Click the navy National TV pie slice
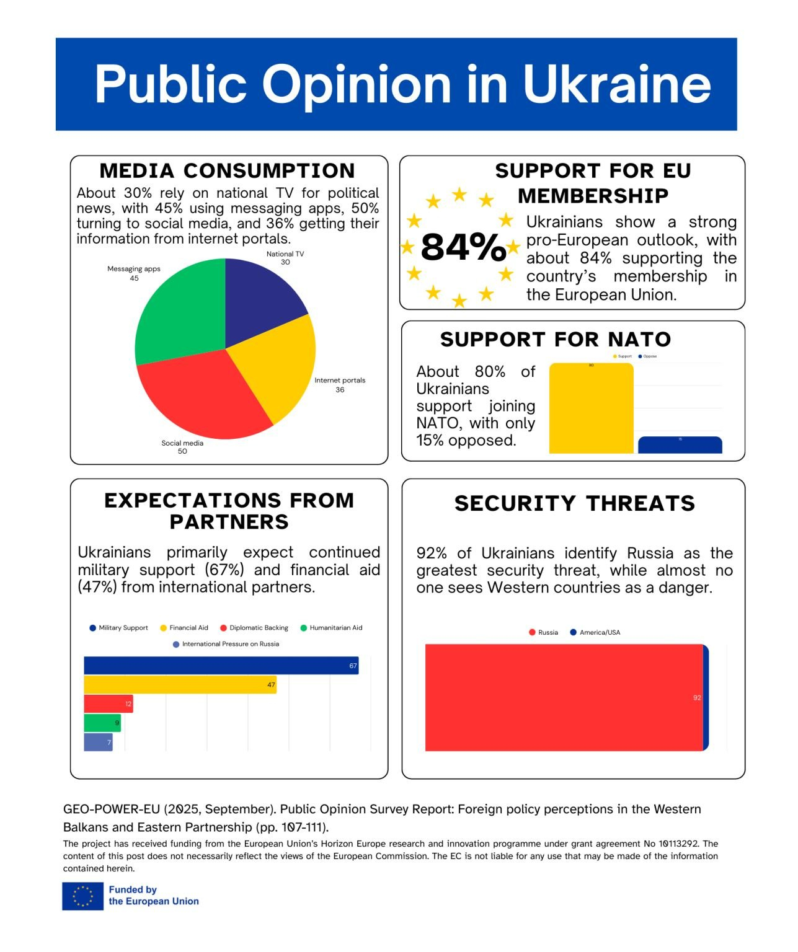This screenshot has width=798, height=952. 260,297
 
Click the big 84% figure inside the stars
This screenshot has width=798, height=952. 463,248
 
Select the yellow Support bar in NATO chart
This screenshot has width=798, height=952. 591,409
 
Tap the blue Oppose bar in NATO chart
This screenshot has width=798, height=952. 680,445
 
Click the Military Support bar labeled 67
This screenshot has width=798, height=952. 221,666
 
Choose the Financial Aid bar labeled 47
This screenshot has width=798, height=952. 180,685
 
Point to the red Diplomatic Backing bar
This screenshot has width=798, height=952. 108,704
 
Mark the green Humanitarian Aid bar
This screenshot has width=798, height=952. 102,723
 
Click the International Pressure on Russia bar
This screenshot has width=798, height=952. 98,742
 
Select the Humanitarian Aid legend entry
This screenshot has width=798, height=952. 332,628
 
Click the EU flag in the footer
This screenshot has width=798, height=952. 82,896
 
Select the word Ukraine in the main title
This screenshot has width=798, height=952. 617,84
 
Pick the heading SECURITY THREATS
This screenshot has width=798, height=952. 574,503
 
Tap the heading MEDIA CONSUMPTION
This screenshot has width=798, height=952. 227,170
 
